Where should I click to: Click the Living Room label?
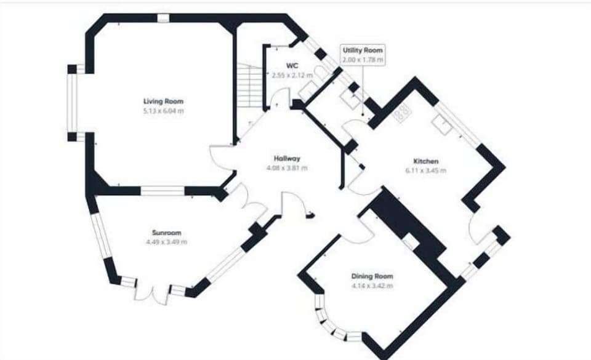163,102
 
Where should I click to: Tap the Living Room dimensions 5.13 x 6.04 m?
163,111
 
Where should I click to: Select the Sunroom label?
166,233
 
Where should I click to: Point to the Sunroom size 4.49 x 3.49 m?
166,242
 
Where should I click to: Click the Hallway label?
287,158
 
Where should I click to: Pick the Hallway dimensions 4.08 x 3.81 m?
287,167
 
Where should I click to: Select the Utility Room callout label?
363,50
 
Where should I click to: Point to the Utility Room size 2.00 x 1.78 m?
363,60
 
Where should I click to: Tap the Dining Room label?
372,276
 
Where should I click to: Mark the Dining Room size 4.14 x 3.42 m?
372,286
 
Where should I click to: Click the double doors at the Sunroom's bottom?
151,293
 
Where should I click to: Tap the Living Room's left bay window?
71,102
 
